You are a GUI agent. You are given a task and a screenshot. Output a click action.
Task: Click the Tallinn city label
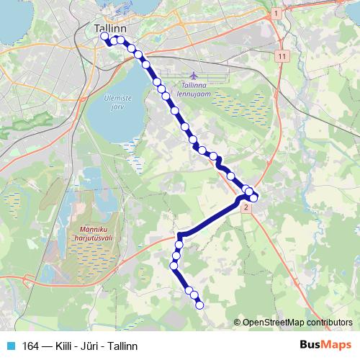click(x=110, y=28)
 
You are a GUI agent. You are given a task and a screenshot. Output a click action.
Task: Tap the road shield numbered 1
click(x=275, y=13)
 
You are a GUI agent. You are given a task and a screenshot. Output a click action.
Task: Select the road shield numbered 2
click(x=246, y=208)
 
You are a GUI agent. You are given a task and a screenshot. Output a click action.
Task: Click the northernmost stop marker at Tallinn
click(x=104, y=35)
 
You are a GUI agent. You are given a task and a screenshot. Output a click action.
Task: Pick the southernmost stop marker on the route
click(x=199, y=305)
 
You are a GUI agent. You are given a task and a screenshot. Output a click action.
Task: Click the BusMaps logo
click(x=325, y=345)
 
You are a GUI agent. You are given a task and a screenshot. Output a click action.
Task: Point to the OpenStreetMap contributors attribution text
click(x=297, y=322)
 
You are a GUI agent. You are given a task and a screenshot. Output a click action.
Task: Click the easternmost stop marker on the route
click(x=254, y=197)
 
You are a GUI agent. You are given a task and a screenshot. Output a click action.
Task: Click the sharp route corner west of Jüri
click(x=179, y=235)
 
